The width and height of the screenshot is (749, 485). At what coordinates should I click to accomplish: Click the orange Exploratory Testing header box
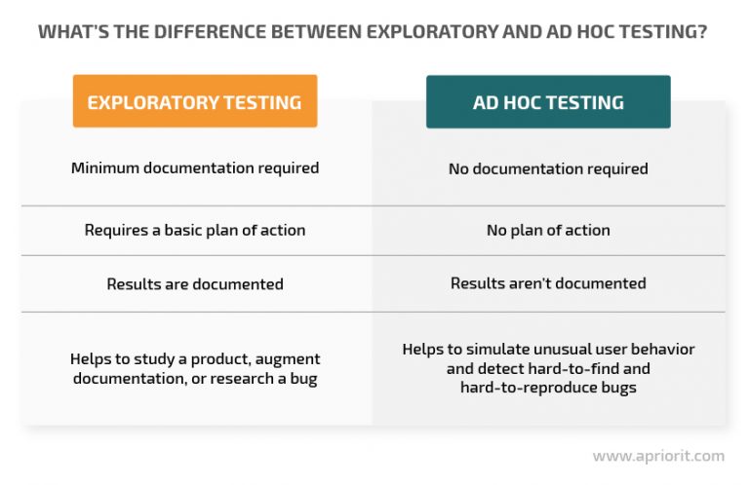(x=195, y=101)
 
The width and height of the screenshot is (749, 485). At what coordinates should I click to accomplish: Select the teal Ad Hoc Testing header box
(x=548, y=101)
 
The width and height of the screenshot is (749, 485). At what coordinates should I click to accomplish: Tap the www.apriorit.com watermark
(x=658, y=456)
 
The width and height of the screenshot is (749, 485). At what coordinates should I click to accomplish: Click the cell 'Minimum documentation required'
(x=195, y=168)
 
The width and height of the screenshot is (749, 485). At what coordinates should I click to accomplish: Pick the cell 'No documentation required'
(x=548, y=168)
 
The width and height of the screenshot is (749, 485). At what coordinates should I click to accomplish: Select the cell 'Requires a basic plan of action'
(x=195, y=231)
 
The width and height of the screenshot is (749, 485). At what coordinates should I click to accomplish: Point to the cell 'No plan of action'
(x=548, y=231)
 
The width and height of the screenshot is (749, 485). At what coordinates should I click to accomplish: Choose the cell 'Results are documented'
(x=195, y=284)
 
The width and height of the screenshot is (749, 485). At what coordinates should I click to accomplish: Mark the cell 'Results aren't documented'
(x=548, y=283)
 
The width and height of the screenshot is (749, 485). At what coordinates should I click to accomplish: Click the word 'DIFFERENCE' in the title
(x=211, y=32)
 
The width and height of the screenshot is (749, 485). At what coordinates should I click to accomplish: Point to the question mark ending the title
(x=702, y=32)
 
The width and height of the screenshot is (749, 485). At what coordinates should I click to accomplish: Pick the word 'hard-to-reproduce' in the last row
(x=529, y=388)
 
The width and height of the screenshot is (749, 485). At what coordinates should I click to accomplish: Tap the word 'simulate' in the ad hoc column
(x=497, y=349)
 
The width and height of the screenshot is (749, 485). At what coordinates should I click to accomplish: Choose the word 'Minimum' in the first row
(x=105, y=168)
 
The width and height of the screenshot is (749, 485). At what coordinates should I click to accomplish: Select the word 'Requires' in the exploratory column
(x=116, y=231)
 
